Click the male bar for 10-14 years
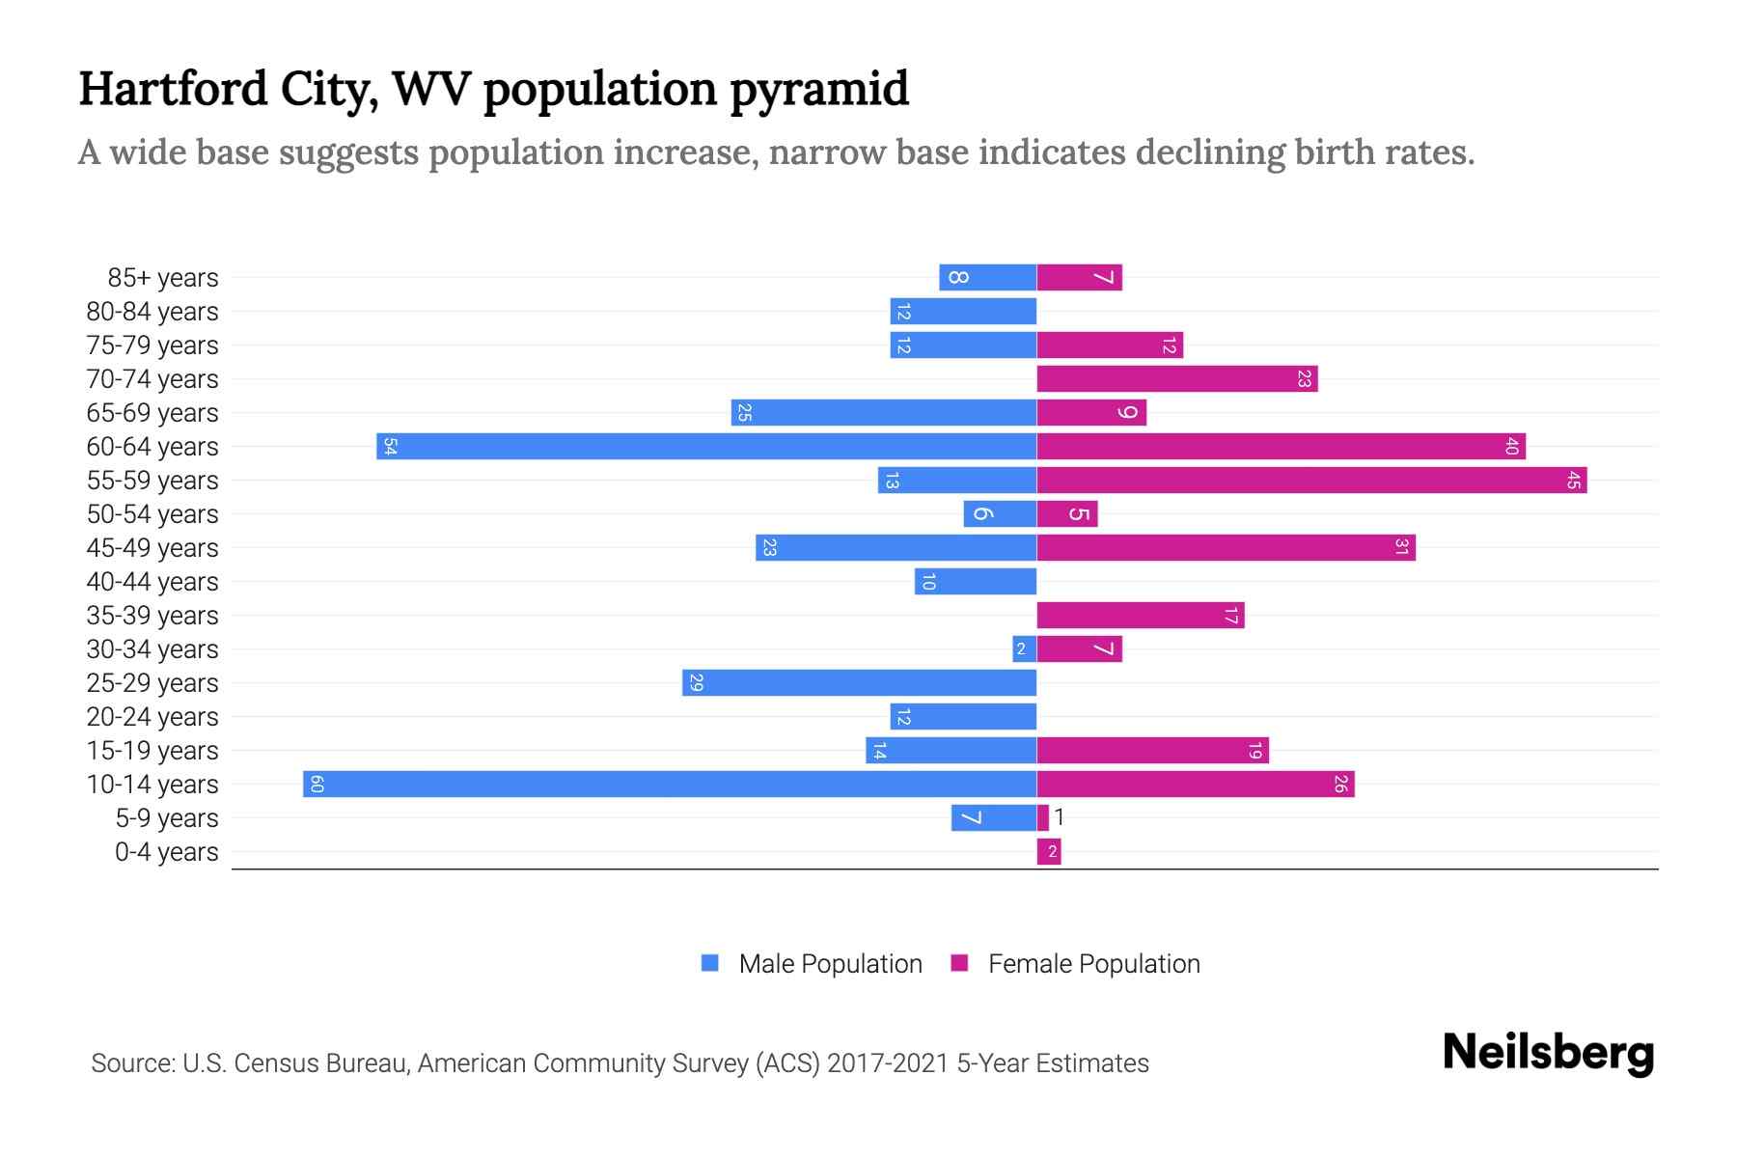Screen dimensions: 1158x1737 (x=670, y=784)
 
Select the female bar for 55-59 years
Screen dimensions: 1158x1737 (x=1311, y=480)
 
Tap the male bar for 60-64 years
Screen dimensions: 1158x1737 (x=706, y=446)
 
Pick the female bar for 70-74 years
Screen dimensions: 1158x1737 (x=1177, y=378)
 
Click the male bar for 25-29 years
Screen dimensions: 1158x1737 (x=859, y=682)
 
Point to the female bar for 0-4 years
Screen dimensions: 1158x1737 (x=1049, y=851)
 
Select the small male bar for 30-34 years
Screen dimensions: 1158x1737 (x=1024, y=648)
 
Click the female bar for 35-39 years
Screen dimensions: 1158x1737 (x=1141, y=615)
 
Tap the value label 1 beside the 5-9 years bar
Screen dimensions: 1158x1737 (x=1060, y=817)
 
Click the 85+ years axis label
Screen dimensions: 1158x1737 (x=162, y=278)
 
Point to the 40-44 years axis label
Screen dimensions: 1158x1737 (x=152, y=582)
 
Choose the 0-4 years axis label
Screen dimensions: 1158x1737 (x=166, y=852)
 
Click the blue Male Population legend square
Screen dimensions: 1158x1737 (x=710, y=963)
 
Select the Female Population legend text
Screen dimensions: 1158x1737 (x=1093, y=964)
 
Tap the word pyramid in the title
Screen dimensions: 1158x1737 (x=818, y=89)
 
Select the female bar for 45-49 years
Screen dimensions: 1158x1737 (x=1226, y=547)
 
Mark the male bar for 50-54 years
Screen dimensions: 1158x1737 (x=1000, y=513)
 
